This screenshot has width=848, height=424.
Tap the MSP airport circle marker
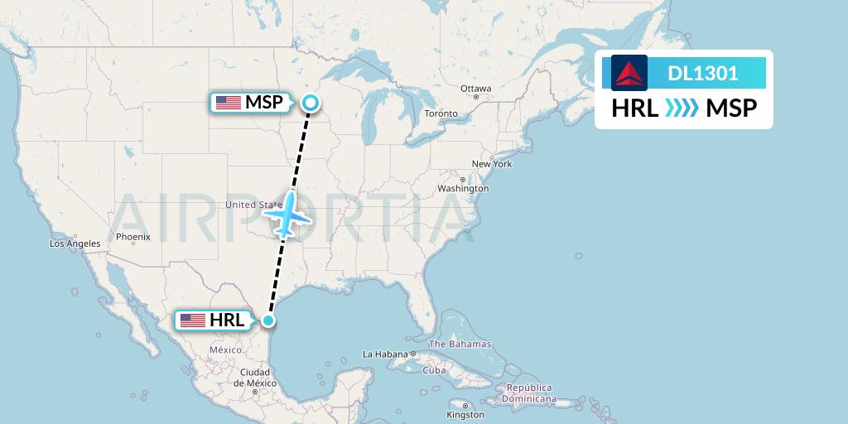[310, 103]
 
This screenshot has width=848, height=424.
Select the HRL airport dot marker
[267, 320]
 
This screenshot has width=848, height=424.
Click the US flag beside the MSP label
[227, 103]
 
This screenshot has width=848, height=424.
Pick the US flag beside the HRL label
[192, 320]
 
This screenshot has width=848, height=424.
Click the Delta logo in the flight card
[629, 73]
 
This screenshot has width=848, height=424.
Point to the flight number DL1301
[703, 73]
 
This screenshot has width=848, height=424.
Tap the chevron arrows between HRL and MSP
[682, 108]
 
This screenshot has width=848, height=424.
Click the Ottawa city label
[476, 89]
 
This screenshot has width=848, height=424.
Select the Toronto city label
[441, 113]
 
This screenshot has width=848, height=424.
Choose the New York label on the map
[492, 164]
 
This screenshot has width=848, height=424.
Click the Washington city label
[464, 189]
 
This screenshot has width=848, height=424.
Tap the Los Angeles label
[75, 243]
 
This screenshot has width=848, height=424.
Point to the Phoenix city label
[132, 237]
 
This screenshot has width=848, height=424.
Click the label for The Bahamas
[460, 344]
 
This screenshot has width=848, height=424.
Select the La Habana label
[385, 354]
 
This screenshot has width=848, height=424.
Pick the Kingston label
[465, 414]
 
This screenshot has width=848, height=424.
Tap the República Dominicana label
[532, 393]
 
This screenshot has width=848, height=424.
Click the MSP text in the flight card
[731, 108]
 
